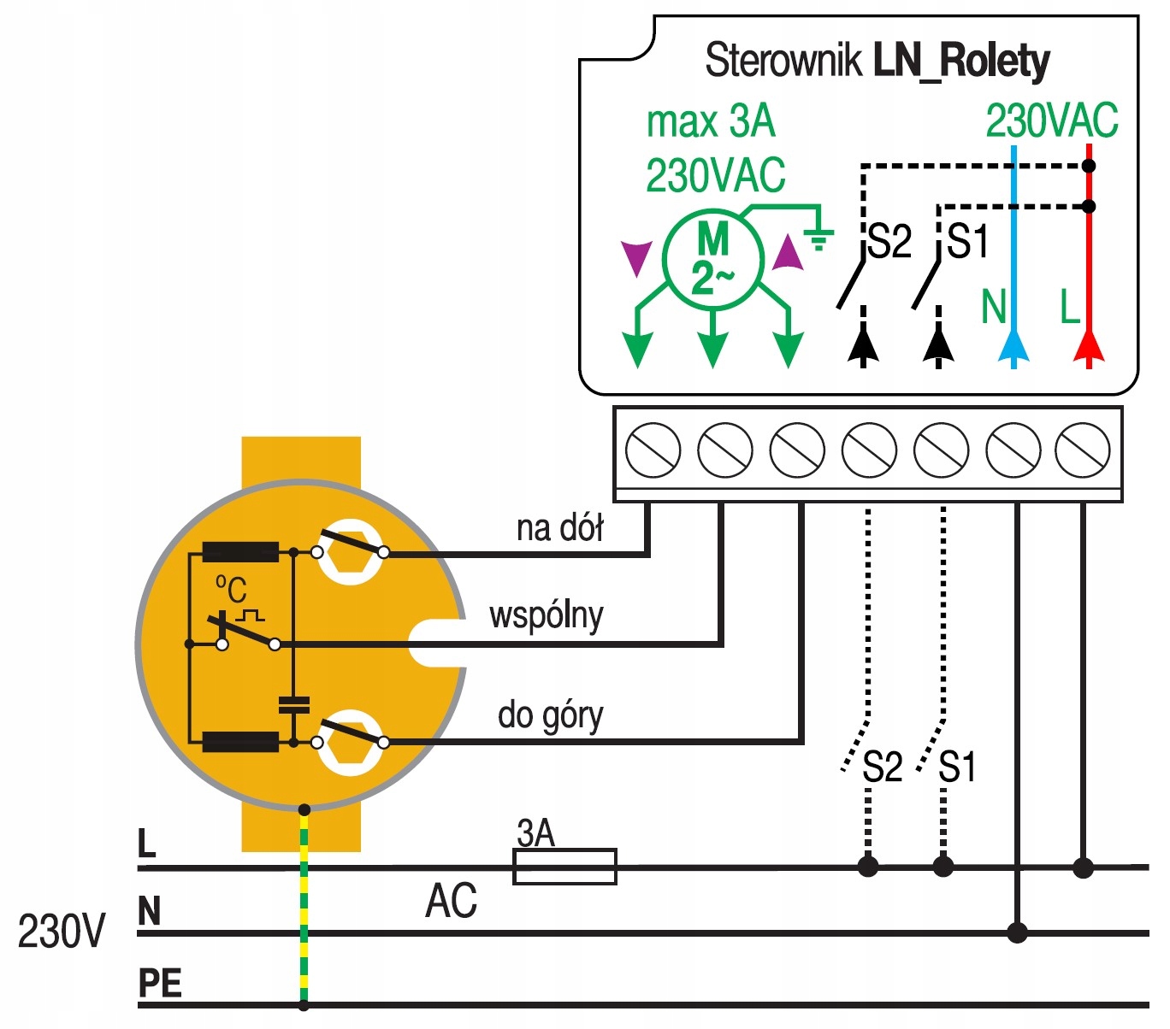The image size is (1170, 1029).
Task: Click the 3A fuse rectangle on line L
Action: coord(564,867)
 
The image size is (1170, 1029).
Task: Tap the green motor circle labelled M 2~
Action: coord(712,258)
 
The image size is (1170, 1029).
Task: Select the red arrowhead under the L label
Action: coord(1089,346)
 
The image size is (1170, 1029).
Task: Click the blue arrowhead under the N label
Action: coord(1013,346)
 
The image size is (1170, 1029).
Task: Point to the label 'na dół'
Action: coord(559,528)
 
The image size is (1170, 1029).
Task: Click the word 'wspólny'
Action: coord(546,615)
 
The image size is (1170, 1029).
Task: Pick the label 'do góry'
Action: coord(550,715)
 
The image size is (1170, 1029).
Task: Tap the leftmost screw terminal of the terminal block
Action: coord(653,450)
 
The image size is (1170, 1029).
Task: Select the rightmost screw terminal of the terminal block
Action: coord(1083,450)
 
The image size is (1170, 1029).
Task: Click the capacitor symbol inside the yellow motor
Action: coord(293,705)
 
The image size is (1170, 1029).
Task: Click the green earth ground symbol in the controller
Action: coord(818,238)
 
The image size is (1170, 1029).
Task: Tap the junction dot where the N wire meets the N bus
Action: coord(1017,932)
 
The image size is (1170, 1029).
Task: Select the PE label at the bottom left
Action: coord(160,984)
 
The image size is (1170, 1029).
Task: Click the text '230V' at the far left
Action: coord(62,931)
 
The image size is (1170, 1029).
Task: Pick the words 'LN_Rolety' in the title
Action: coord(961,61)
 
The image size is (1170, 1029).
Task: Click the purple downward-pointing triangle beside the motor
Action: coord(635,257)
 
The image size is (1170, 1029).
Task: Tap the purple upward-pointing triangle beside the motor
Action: coord(788,254)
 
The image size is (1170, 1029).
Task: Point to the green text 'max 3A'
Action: coord(711,122)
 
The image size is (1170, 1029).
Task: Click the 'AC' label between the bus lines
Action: coord(451,901)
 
